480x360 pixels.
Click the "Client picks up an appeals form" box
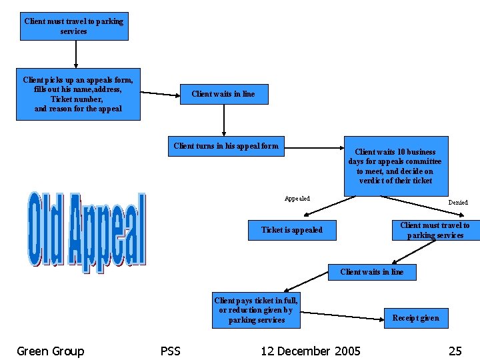click(78, 94)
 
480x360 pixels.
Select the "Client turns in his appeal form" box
click(226, 146)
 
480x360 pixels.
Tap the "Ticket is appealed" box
click(292, 230)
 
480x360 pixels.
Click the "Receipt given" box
click(415, 318)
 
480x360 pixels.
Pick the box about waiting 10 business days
click(395, 166)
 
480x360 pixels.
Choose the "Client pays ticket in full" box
click(256, 311)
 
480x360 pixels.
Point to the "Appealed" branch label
click(297, 199)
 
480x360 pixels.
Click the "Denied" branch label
click(457, 202)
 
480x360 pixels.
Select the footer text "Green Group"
click(51, 351)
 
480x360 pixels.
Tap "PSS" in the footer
click(171, 351)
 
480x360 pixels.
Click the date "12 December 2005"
click(311, 351)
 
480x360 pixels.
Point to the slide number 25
click(455, 351)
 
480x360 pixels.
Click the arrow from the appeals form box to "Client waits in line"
click(160, 93)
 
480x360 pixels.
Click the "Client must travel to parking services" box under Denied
click(435, 230)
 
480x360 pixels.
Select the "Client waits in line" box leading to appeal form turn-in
click(223, 94)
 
